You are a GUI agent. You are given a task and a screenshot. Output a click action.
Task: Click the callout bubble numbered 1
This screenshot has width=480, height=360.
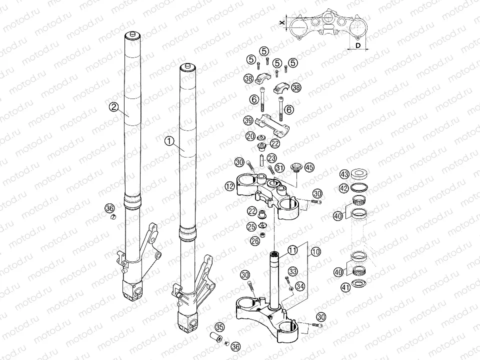coord(169,141)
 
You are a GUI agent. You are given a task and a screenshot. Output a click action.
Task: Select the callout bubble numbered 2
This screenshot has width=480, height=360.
coord(114,106)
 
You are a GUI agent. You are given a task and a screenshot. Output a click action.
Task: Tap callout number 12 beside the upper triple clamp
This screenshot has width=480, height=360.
coord(229,186)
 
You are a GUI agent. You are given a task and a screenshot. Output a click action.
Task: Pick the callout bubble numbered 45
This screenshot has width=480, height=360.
coord(309,167)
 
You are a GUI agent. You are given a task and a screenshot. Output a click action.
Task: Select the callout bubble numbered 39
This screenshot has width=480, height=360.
coord(248,120)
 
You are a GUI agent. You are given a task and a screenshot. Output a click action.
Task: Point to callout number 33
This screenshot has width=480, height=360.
coord(293,271)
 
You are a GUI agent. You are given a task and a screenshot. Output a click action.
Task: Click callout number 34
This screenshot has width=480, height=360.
coord(299,286)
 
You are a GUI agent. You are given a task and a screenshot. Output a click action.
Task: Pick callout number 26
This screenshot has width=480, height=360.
coord(255,241)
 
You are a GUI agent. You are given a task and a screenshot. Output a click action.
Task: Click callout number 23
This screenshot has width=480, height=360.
coord(271,157)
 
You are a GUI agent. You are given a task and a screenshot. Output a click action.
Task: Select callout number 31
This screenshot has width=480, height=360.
coord(279,167)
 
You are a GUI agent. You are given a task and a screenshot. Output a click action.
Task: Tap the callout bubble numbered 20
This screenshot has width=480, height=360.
coord(250,136)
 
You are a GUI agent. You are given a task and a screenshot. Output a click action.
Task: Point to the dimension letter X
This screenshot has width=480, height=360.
coord(282,22)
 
